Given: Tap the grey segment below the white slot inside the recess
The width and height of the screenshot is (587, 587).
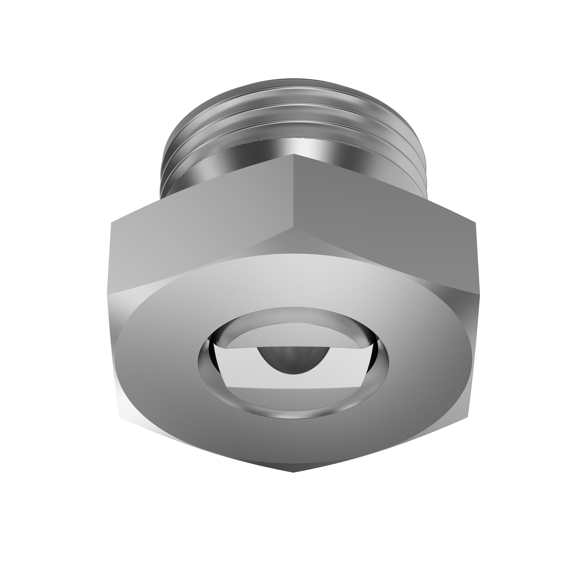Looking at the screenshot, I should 292,395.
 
